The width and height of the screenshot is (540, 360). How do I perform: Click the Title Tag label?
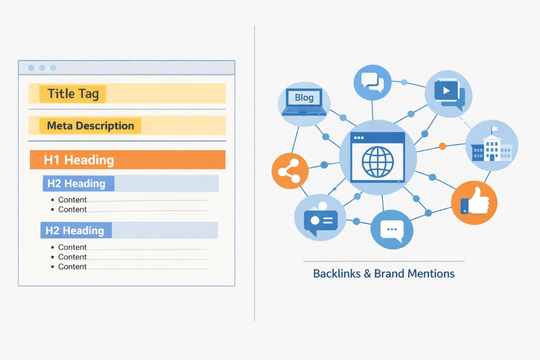tap(72, 94)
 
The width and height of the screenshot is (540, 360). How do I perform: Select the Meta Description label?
tap(90, 126)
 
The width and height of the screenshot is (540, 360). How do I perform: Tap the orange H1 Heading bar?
tap(127, 160)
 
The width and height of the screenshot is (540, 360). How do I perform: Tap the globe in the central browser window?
tap(378, 160)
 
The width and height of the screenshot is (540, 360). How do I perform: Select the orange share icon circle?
tap(290, 171)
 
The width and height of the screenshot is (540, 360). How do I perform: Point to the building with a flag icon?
tap(491, 145)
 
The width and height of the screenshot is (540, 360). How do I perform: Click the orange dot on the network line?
tap(442, 146)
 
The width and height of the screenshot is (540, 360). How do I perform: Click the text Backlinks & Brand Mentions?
tap(383, 273)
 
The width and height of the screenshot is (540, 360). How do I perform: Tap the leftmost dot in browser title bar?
tap(31, 67)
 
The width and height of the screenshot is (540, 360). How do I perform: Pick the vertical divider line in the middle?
tap(255, 180)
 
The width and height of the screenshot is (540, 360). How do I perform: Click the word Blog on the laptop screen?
tap(304, 97)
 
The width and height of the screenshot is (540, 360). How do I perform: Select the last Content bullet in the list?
tap(72, 266)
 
